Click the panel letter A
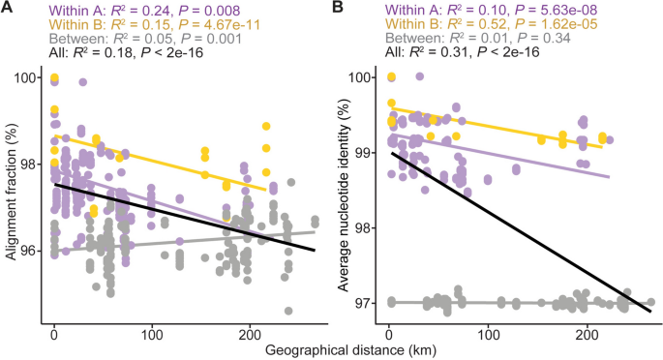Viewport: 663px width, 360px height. [x=9, y=9]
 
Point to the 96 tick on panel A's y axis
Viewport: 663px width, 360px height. [x=28, y=251]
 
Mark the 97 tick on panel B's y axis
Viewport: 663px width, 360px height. [x=364, y=303]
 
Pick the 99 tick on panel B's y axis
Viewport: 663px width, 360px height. [x=364, y=153]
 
